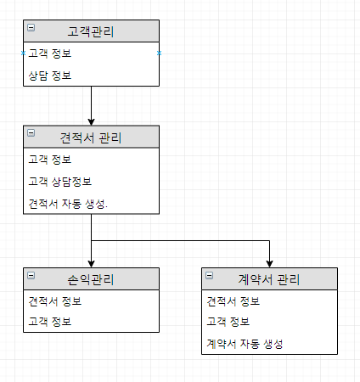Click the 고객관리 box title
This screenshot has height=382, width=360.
(x=91, y=31)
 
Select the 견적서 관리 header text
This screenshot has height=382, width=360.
(x=91, y=138)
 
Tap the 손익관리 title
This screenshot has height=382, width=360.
(x=91, y=279)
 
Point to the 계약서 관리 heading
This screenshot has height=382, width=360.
(x=269, y=279)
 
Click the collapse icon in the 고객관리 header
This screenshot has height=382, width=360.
(x=31, y=27)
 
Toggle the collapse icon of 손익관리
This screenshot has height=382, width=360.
(x=31, y=275)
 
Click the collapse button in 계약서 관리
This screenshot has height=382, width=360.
(x=210, y=275)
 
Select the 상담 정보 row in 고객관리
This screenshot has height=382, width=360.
(x=50, y=76)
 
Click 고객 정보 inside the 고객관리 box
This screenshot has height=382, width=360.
(x=50, y=53)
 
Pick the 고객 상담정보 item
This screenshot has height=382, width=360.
(x=60, y=182)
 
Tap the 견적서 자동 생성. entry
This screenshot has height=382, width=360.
(x=68, y=204)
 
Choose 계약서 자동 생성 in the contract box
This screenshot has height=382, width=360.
(x=245, y=344)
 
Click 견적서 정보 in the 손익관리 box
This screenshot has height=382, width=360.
(x=55, y=301)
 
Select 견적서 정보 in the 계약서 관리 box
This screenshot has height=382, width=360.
(x=233, y=301)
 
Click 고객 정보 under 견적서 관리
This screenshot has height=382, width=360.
(x=50, y=160)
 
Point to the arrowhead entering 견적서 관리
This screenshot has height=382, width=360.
(x=91, y=122)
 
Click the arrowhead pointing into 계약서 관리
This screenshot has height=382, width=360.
(x=269, y=264)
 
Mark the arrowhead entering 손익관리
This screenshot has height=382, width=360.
(x=91, y=264)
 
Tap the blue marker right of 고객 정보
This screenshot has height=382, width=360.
(x=159, y=53)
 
